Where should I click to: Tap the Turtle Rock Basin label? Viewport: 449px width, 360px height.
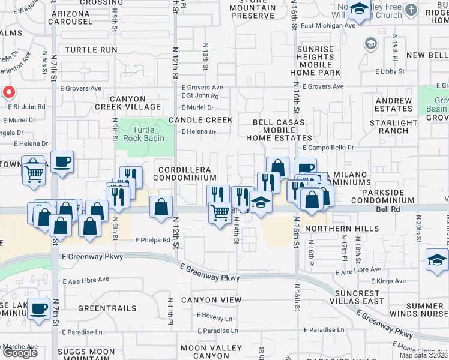(143, 134)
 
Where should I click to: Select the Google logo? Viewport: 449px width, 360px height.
(19, 352)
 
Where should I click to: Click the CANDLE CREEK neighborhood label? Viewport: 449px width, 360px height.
(200, 120)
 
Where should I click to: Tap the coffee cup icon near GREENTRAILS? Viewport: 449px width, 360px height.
(40, 308)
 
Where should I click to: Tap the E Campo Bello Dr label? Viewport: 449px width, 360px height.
(328, 147)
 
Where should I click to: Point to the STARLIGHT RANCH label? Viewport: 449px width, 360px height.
(393, 127)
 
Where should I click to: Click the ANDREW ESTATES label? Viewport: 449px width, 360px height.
(393, 105)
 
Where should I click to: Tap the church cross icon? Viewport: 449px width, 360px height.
(411, 10)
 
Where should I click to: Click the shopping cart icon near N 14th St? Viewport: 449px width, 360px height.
(220, 213)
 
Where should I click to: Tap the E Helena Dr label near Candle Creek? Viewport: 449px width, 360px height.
(197, 131)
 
